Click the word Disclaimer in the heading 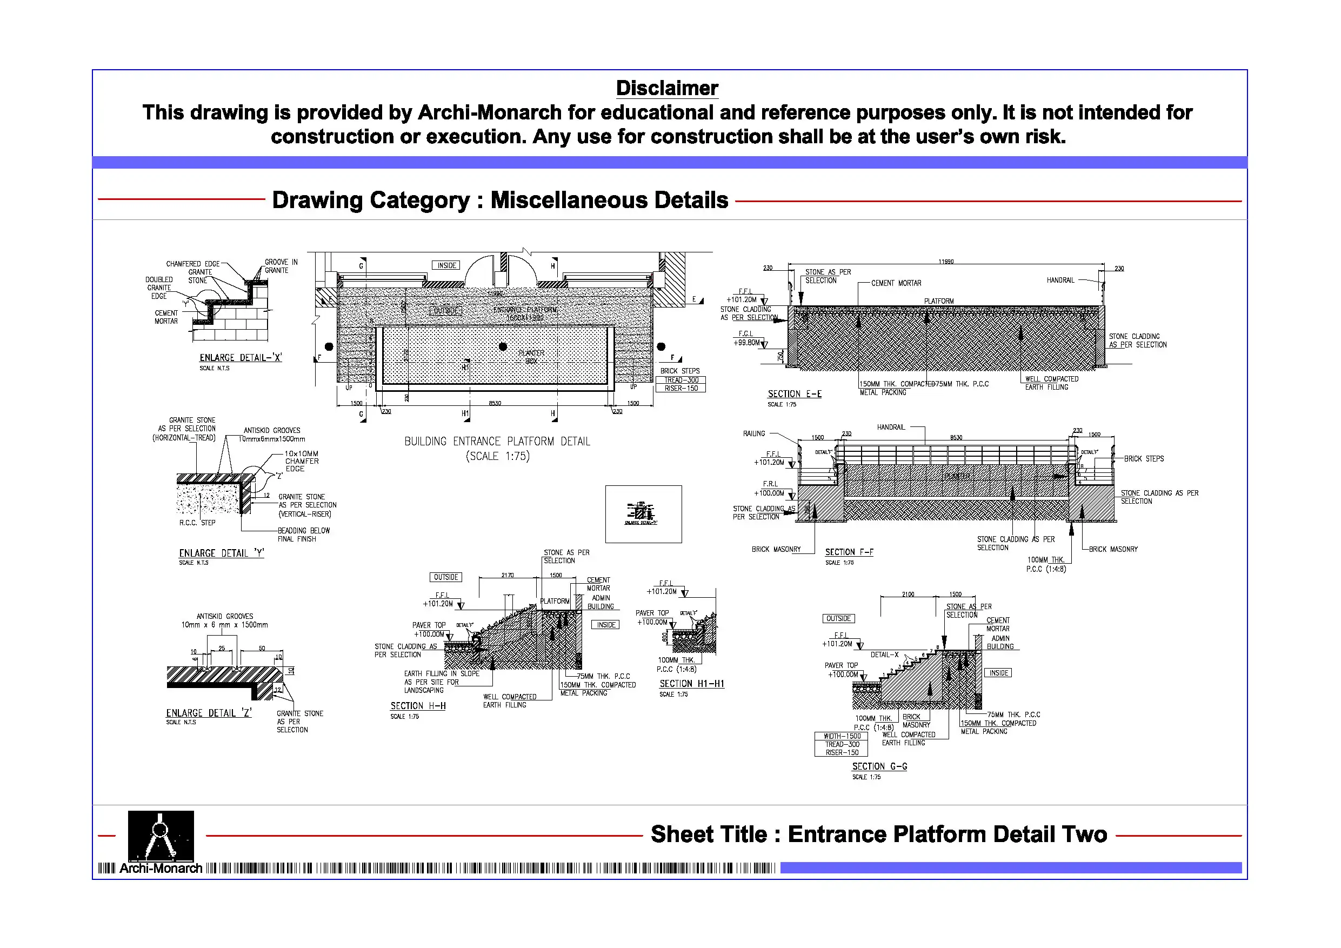pyautogui.click(x=667, y=88)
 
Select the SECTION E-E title pyautogui.click(x=795, y=394)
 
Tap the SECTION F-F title pyautogui.click(x=849, y=552)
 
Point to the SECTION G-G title pyautogui.click(x=879, y=766)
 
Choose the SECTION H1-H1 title pyautogui.click(x=691, y=683)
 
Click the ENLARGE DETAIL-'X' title pyautogui.click(x=241, y=357)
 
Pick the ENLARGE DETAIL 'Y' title pyautogui.click(x=222, y=553)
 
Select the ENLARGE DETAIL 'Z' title pyautogui.click(x=209, y=713)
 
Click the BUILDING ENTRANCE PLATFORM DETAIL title pyautogui.click(x=497, y=442)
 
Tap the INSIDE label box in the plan pyautogui.click(x=446, y=265)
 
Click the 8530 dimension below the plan pyautogui.click(x=495, y=403)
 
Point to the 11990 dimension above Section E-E pyautogui.click(x=945, y=262)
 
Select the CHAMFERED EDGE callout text pyautogui.click(x=192, y=264)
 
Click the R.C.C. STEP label pyautogui.click(x=197, y=523)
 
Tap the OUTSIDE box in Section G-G pyautogui.click(x=838, y=618)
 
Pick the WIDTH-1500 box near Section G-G pyautogui.click(x=842, y=736)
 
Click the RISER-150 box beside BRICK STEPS pyautogui.click(x=681, y=389)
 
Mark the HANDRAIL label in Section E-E pyautogui.click(x=1060, y=281)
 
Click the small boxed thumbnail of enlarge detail pyautogui.click(x=643, y=514)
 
